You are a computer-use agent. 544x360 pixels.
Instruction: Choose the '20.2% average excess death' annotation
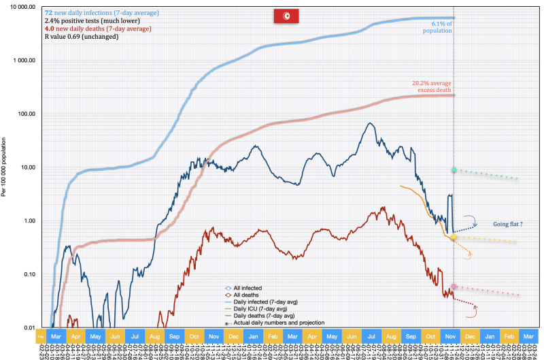432,86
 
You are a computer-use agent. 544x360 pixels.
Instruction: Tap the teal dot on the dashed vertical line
454,169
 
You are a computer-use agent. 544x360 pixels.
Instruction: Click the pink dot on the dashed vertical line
454,287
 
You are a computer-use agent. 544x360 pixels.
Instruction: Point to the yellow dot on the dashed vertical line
454,237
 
